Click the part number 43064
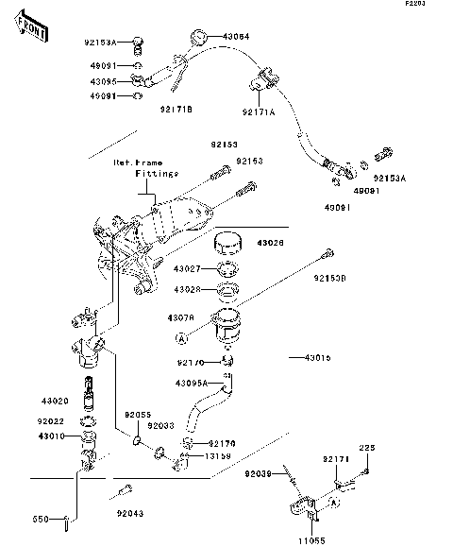(236, 36)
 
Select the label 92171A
(259, 111)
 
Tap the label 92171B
(176, 110)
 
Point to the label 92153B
(330, 279)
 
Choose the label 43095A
(192, 383)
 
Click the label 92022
(53, 421)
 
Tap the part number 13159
(218, 455)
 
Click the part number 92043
(131, 513)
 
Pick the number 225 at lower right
(366, 447)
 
